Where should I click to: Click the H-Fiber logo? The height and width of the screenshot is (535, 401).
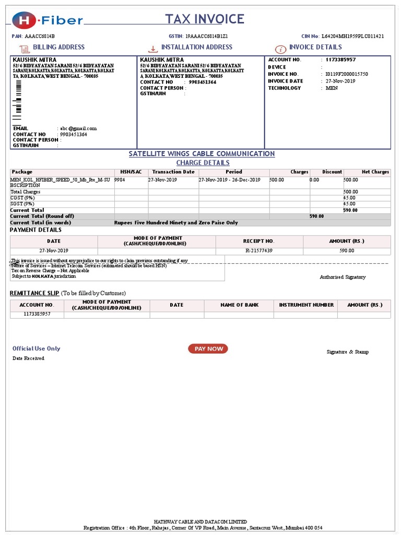pyautogui.click(x=48, y=20)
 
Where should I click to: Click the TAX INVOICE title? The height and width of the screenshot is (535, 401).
pyautogui.click(x=205, y=19)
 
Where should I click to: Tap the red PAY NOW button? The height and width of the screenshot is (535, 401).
pyautogui.click(x=208, y=348)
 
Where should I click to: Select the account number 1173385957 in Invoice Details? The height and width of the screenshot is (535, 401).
pyautogui.click(x=344, y=60)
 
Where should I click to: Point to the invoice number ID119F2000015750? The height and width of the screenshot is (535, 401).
pyautogui.click(x=346, y=74)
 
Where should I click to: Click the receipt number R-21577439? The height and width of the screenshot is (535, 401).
pyautogui.click(x=259, y=251)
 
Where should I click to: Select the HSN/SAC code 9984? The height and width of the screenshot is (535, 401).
pyautogui.click(x=120, y=180)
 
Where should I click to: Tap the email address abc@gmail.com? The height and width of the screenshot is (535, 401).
pyautogui.click(x=78, y=129)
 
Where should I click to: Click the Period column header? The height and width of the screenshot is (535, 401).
pyautogui.click(x=233, y=172)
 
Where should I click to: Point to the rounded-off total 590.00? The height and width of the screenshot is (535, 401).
pyautogui.click(x=316, y=216)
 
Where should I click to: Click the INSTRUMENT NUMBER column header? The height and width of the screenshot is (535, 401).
pyautogui.click(x=306, y=305)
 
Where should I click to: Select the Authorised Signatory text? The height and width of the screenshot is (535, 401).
pyautogui.click(x=343, y=277)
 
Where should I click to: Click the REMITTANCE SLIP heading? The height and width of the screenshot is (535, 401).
pyautogui.click(x=34, y=293)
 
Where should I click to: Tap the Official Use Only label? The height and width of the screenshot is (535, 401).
pyautogui.click(x=37, y=348)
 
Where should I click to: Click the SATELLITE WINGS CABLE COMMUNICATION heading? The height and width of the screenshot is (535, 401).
pyautogui.click(x=202, y=154)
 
